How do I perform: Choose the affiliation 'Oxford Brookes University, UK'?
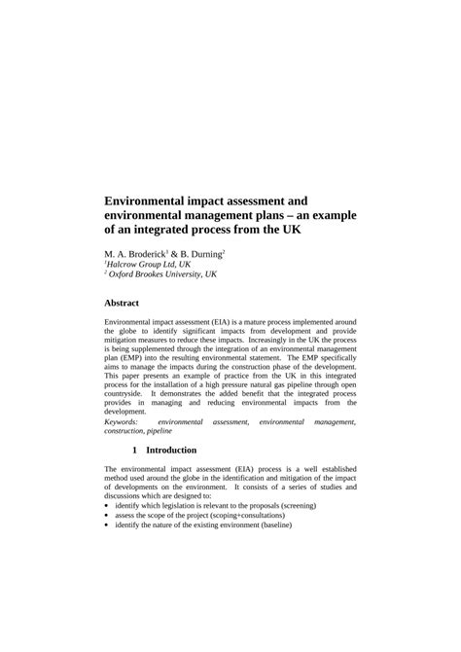(x=161, y=274)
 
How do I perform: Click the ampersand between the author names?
(x=177, y=253)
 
